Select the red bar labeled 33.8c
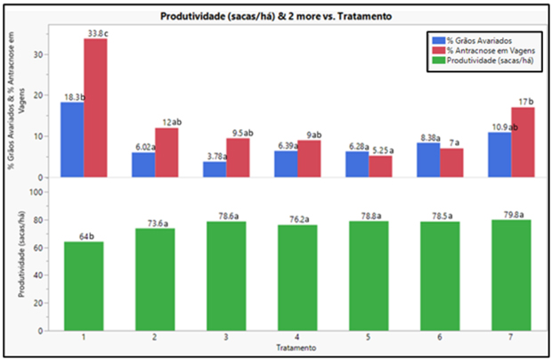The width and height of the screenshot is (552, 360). (x=95, y=107)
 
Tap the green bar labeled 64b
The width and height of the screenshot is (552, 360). (x=84, y=285)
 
